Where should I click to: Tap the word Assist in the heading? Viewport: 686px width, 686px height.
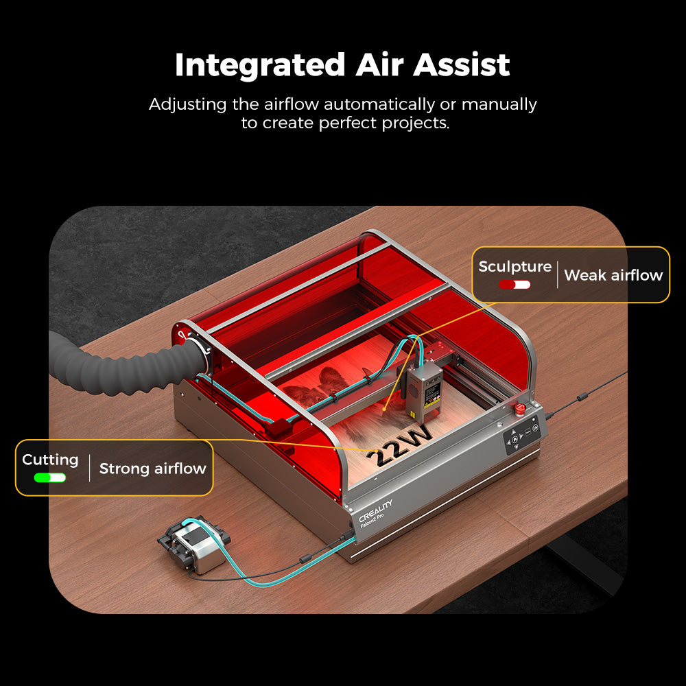[x=462, y=65]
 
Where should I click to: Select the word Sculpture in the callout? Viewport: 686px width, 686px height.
[x=514, y=266]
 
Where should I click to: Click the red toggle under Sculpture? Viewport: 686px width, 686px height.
[x=514, y=284]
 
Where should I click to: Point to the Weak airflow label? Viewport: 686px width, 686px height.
[x=613, y=276]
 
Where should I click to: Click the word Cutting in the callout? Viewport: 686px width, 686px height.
[x=50, y=460]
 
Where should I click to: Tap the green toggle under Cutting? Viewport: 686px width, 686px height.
[x=50, y=477]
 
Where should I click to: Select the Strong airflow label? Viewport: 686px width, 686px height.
[x=152, y=469]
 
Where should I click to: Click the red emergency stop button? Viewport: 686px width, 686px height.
[x=520, y=410]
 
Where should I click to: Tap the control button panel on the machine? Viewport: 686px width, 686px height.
[x=522, y=436]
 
